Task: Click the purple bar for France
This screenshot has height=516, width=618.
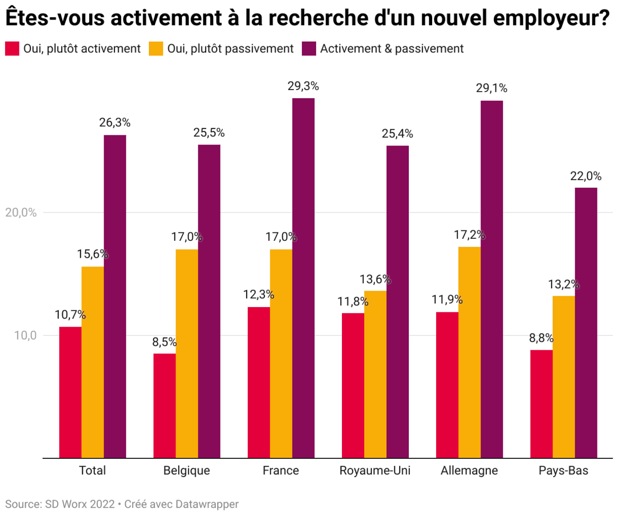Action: pyautogui.click(x=303, y=278)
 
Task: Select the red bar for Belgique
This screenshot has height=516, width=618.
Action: pyautogui.click(x=164, y=405)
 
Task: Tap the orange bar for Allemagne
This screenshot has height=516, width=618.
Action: pyautogui.click(x=469, y=352)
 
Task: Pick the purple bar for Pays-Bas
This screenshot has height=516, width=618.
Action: pyautogui.click(x=586, y=323)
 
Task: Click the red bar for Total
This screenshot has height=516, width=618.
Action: pyautogui.click(x=70, y=392)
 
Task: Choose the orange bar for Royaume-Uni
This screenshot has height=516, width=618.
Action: pyautogui.click(x=375, y=374)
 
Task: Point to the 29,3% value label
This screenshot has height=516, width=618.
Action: pyautogui.click(x=303, y=86)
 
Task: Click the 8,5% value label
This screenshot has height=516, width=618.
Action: pyautogui.click(x=164, y=342)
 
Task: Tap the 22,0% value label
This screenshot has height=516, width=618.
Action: pyautogui.click(x=586, y=176)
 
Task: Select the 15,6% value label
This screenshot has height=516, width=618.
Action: pyautogui.click(x=93, y=254)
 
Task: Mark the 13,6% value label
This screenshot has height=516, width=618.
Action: pyautogui.click(x=375, y=279)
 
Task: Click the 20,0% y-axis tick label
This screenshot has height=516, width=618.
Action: pyautogui.click(x=21, y=212)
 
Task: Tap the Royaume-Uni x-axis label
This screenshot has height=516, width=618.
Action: pyautogui.click(x=375, y=471)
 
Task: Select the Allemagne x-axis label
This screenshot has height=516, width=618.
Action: pyautogui.click(x=469, y=471)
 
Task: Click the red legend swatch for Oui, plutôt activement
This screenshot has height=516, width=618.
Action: pyautogui.click(x=12, y=48)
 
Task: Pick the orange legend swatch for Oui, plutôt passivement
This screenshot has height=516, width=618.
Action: pyautogui.click(x=156, y=48)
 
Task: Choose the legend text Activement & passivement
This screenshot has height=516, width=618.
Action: pyautogui.click(x=392, y=48)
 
